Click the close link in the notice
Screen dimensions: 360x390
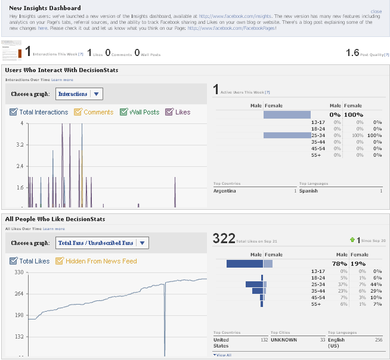click(376, 11)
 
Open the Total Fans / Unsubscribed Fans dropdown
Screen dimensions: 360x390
click(142, 243)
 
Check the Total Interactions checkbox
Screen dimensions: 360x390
click(14, 112)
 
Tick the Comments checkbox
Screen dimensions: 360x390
click(78, 112)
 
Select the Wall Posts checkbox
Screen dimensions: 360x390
click(124, 112)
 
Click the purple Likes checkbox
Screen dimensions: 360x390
click(169, 112)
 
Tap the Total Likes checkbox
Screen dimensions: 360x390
click(14, 261)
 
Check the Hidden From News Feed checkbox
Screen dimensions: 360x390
click(60, 261)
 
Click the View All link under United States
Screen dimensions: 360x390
click(223, 355)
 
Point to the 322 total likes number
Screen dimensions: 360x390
click(224, 239)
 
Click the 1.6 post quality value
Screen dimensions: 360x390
click(352, 53)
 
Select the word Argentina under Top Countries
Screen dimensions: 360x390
click(225, 191)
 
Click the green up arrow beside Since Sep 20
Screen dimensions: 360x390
click(352, 240)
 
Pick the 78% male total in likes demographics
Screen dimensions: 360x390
click(340, 263)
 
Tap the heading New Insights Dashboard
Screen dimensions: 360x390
click(45, 8)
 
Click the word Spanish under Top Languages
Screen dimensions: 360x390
click(308, 191)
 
